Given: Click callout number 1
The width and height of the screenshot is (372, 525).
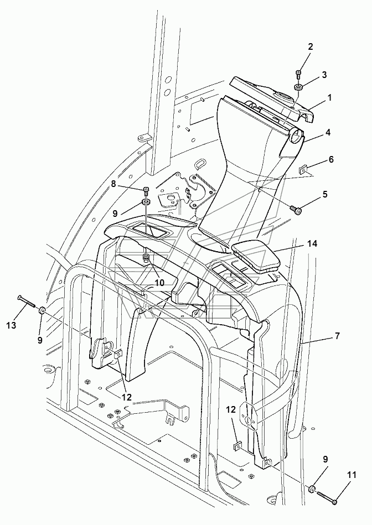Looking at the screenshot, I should point(329,97).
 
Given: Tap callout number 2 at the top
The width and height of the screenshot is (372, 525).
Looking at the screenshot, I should point(311,47).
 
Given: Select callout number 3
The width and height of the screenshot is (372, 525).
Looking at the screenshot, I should point(324,74).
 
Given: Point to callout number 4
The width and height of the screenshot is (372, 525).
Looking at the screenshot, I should point(328,132).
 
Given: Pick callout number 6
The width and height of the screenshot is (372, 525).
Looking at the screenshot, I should point(331,159).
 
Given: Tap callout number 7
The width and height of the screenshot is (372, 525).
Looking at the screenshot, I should point(337,336).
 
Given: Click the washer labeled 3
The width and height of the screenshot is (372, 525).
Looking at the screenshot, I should point(298,87).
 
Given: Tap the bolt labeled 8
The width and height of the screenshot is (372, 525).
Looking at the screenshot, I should point(146,190).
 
